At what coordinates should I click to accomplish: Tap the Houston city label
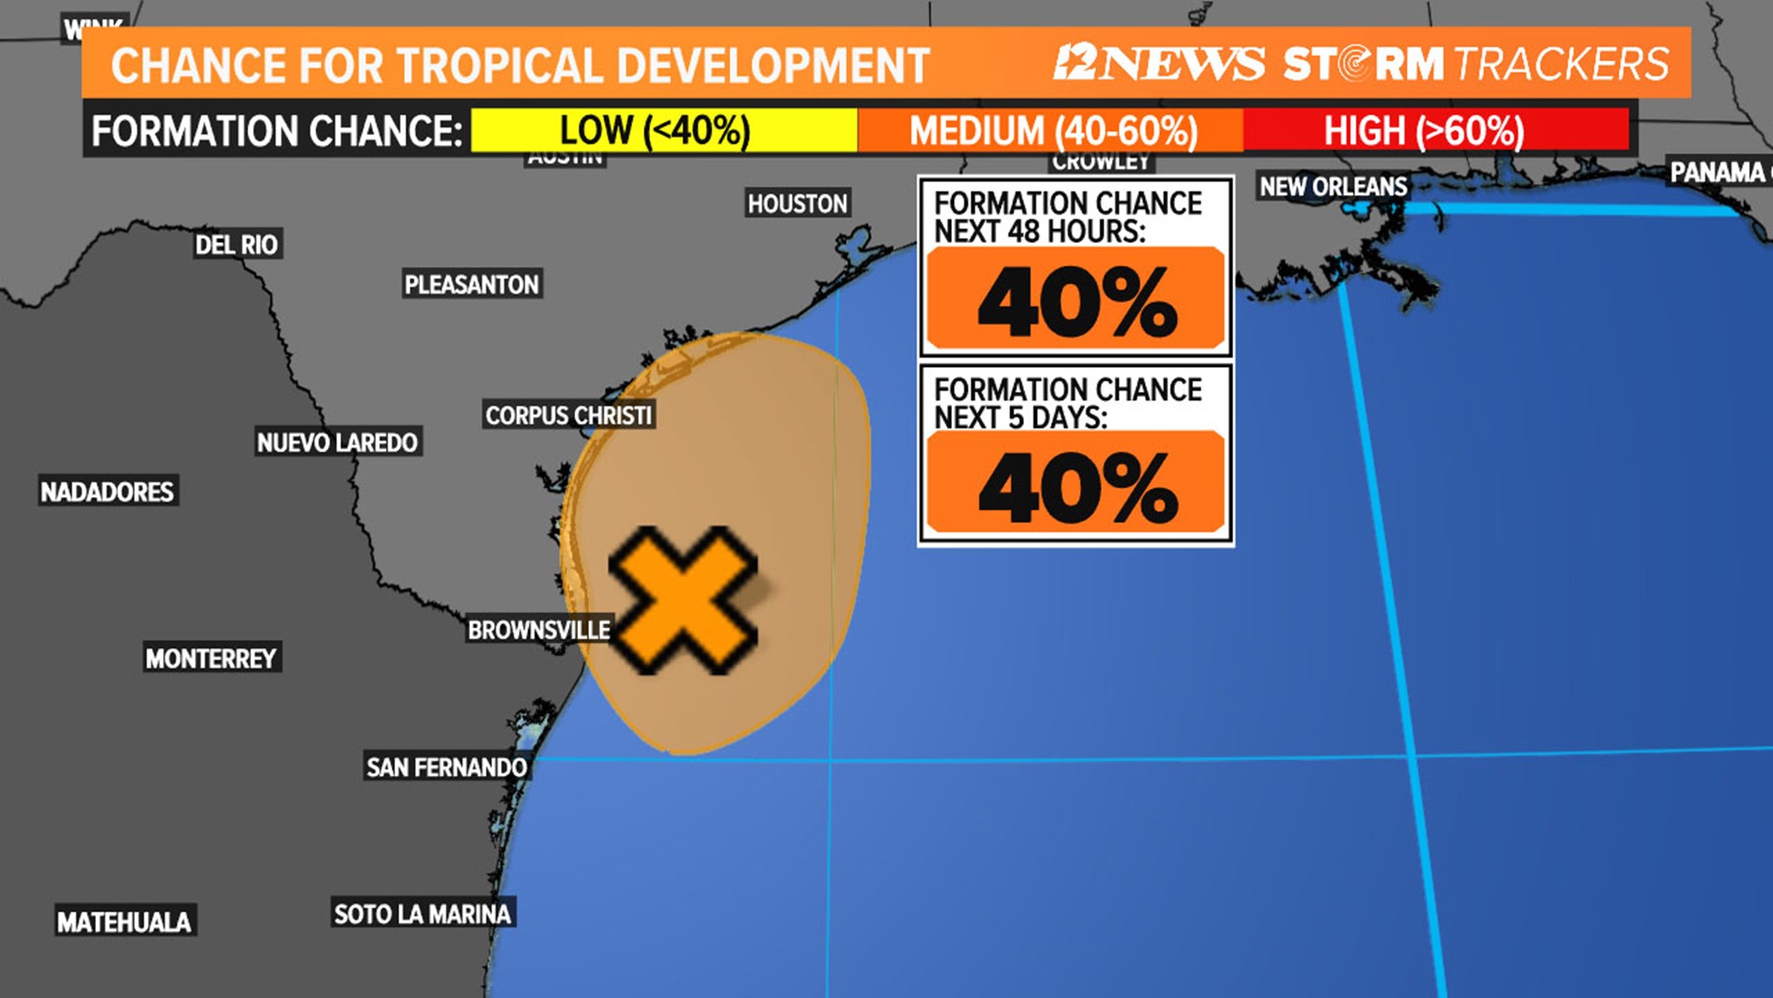point(797,203)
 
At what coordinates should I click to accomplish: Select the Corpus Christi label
point(569,416)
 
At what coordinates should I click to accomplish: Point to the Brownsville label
point(539,630)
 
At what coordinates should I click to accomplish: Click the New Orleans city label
point(1333,187)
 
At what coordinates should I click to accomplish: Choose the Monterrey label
point(211,658)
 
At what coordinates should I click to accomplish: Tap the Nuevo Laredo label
point(337,443)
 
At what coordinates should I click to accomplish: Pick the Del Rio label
point(236,245)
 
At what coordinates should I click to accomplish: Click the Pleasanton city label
point(472,285)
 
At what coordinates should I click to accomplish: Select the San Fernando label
point(447,767)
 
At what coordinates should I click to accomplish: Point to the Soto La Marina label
point(422,914)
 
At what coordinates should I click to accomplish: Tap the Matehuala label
point(124,921)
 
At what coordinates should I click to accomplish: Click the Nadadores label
point(107,492)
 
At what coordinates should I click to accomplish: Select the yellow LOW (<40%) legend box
point(663,130)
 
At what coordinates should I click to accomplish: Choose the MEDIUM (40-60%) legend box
point(1052,130)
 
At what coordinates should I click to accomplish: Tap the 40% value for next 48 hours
point(1077,301)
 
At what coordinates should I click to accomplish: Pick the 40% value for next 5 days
point(1077,486)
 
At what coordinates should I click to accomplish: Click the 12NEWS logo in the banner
point(1159,63)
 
